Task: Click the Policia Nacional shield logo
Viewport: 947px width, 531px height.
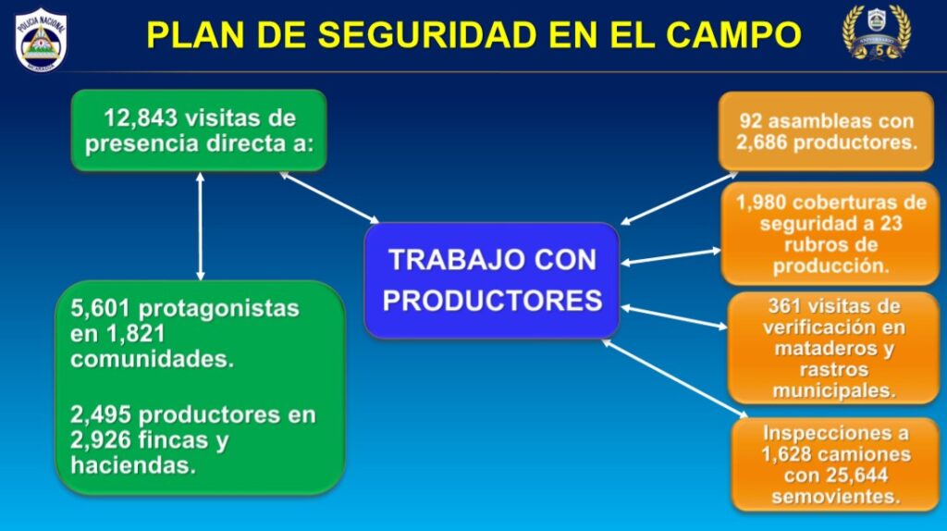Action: click(41, 40)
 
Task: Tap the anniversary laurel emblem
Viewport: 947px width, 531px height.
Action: click(877, 32)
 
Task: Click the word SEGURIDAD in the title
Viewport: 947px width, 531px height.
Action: click(426, 34)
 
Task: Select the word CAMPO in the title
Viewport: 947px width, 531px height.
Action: click(733, 34)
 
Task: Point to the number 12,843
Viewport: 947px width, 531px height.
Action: click(141, 117)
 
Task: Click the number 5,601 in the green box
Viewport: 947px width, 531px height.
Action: click(100, 309)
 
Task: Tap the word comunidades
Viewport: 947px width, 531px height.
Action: click(152, 359)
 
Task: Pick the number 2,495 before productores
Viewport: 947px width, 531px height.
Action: click(101, 415)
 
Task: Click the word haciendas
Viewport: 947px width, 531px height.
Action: click(133, 465)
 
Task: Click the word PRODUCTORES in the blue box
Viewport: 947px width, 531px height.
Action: click(492, 301)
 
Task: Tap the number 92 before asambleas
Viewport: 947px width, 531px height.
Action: click(751, 121)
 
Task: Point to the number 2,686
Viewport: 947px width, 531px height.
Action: click(761, 142)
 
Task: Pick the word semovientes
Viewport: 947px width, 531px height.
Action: click(835, 496)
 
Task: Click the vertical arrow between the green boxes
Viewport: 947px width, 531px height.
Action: click(201, 227)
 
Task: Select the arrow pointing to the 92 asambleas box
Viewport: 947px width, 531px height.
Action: click(680, 199)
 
